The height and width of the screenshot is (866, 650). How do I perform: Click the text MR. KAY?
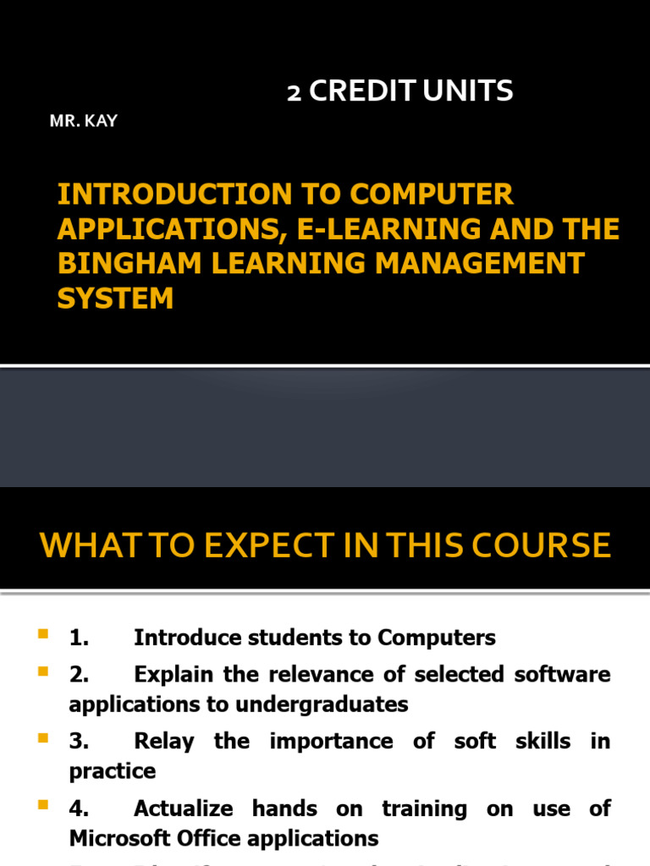(83, 121)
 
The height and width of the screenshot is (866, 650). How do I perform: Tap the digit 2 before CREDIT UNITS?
(294, 91)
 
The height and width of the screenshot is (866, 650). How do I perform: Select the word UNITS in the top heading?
(468, 91)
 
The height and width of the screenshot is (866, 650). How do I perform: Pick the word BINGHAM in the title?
(111, 263)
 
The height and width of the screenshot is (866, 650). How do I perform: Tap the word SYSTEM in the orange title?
(115, 298)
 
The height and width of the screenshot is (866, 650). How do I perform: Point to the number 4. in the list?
(80, 808)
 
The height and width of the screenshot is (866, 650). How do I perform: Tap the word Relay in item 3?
(164, 742)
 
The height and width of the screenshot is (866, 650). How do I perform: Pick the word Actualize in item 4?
(182, 808)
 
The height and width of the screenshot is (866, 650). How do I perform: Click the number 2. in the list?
(80, 675)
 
